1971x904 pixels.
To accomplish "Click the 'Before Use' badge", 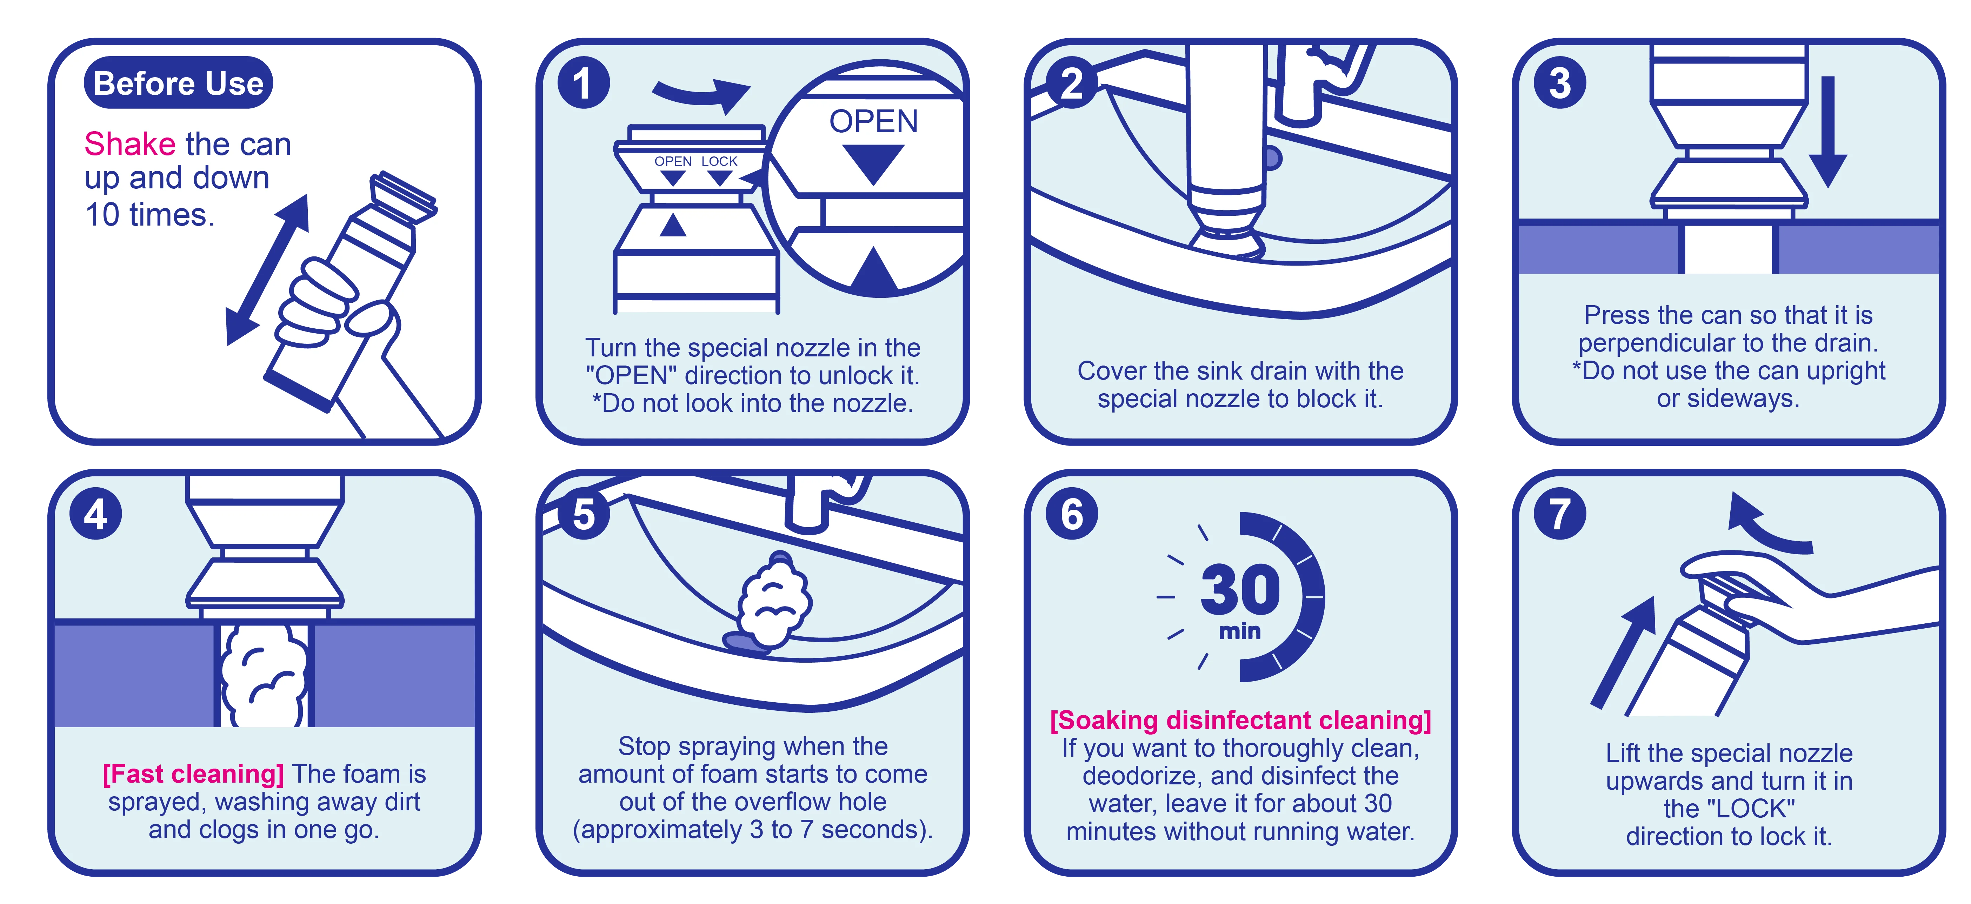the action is point(178,82).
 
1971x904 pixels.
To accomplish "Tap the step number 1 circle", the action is point(583,82).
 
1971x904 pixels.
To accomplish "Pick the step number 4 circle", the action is point(96,514).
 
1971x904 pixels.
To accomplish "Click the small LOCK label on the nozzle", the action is point(719,161).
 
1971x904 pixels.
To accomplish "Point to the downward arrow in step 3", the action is point(1828,132).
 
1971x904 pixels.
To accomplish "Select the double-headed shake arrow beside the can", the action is point(267,269).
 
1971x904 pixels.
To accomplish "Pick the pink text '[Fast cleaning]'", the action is point(194,774).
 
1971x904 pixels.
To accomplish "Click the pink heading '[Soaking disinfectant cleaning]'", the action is point(1240,721).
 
